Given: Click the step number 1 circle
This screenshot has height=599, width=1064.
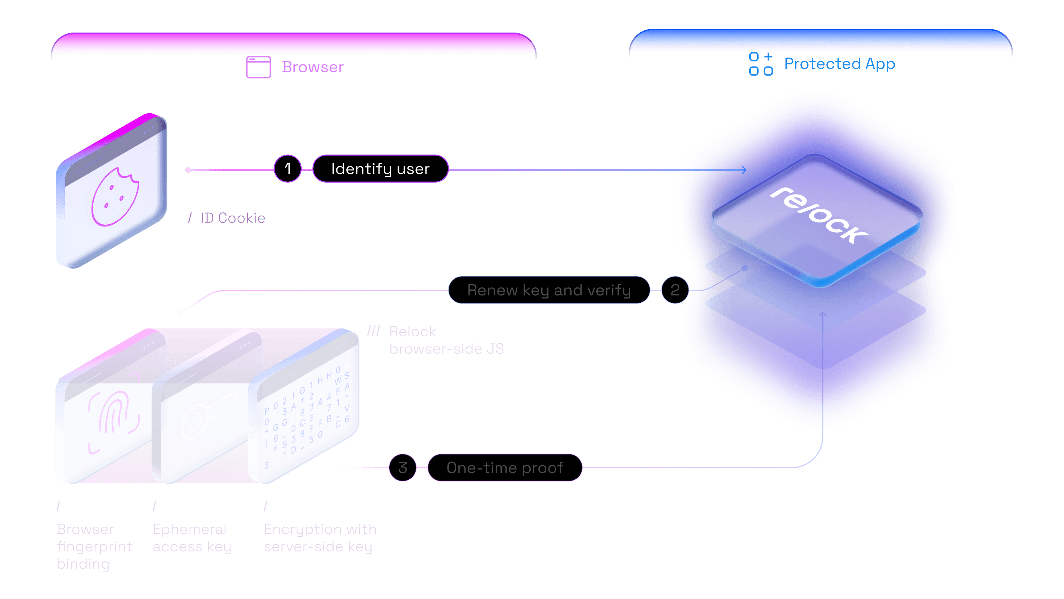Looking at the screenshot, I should pyautogui.click(x=288, y=169).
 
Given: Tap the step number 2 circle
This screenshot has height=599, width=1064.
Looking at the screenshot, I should pyautogui.click(x=674, y=290).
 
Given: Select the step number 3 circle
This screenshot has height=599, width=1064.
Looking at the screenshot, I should pyautogui.click(x=403, y=468).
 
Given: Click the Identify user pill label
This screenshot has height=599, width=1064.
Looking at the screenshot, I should pyautogui.click(x=380, y=169).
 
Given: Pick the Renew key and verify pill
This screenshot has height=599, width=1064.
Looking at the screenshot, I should pyautogui.click(x=549, y=290).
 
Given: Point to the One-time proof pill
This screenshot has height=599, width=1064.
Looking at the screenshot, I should pyautogui.click(x=505, y=468).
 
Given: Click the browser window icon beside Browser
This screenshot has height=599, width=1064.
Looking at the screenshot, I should pyautogui.click(x=259, y=67).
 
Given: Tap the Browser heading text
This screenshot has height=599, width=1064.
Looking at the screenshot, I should pyautogui.click(x=313, y=67).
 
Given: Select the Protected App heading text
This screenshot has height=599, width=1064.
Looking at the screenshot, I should pyautogui.click(x=839, y=64).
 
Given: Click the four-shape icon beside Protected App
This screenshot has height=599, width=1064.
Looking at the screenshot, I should pyautogui.click(x=761, y=64).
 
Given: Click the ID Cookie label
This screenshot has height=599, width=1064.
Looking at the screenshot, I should pyautogui.click(x=233, y=218).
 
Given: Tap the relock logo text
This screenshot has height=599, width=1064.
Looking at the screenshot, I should pyautogui.click(x=819, y=215).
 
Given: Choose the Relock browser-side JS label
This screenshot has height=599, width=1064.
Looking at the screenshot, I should pyautogui.click(x=446, y=340).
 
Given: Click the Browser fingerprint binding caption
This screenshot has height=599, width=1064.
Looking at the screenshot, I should pyautogui.click(x=94, y=546).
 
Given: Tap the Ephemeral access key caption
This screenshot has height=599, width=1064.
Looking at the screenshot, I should pyautogui.click(x=192, y=538).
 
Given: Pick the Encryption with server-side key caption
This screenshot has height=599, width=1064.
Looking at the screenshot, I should pyautogui.click(x=320, y=538).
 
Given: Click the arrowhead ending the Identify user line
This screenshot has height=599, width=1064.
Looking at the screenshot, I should pyautogui.click(x=744, y=170).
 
